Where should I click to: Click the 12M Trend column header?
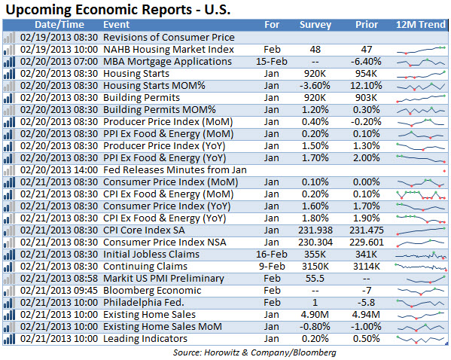click(x=421, y=25)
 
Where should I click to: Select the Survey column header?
click(x=315, y=25)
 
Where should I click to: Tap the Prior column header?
click(x=367, y=25)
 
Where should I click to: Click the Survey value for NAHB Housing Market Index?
click(x=315, y=50)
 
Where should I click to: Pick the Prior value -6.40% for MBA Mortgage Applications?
click(x=366, y=62)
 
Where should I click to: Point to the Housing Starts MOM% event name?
click(x=154, y=86)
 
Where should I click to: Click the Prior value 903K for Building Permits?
click(x=366, y=98)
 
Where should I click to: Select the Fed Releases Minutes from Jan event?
click(x=175, y=170)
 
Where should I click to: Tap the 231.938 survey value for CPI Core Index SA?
click(x=315, y=230)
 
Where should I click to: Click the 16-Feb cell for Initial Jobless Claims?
click(x=272, y=255)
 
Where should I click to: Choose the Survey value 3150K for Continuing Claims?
click(x=315, y=267)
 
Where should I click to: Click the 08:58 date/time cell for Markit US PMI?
click(x=59, y=279)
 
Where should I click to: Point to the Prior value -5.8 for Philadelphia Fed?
click(x=366, y=303)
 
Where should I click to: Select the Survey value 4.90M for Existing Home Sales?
click(x=315, y=315)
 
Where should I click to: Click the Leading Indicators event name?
click(x=145, y=339)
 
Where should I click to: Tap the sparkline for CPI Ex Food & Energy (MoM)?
click(x=421, y=195)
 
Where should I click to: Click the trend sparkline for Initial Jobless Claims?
click(x=421, y=255)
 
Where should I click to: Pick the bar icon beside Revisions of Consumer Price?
click(x=9, y=38)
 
